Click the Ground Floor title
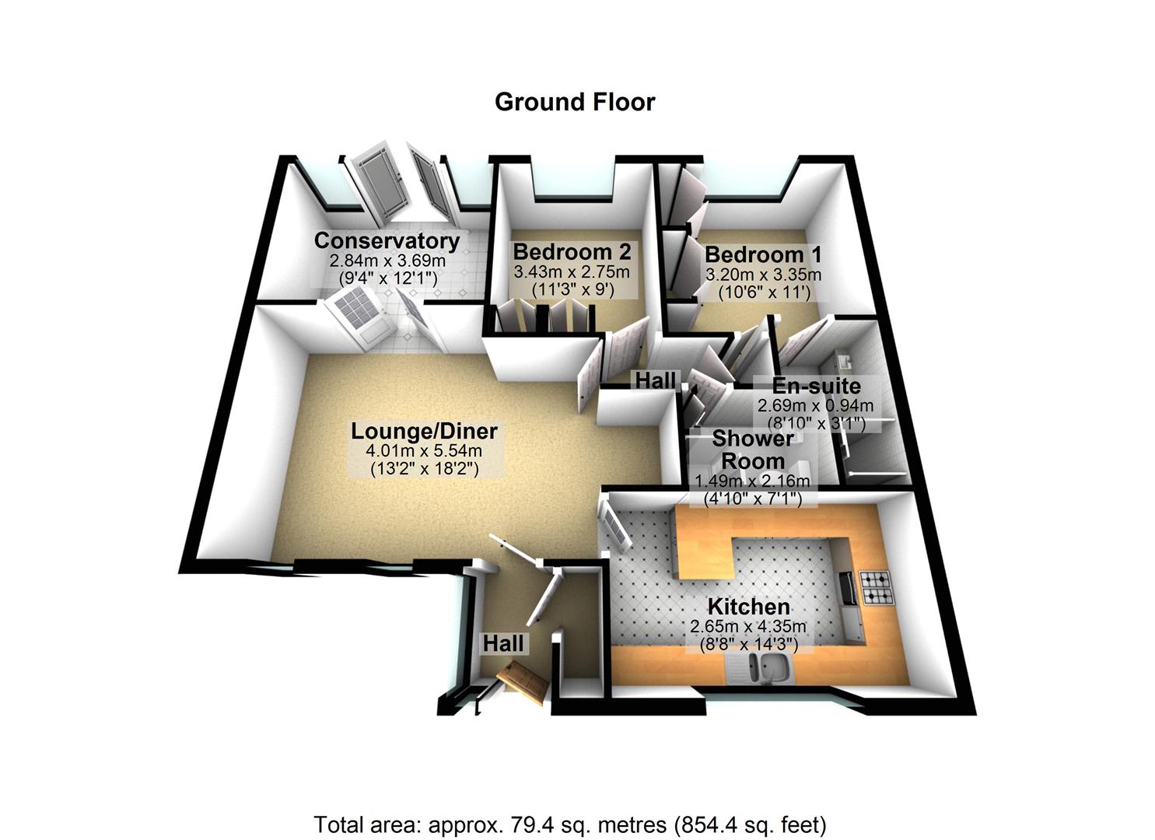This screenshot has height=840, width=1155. click(x=575, y=102)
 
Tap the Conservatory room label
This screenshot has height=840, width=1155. click(x=387, y=240)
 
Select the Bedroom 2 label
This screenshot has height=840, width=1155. click(x=572, y=252)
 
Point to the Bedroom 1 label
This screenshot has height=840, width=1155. click(x=763, y=254)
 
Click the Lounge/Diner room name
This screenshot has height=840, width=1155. click(x=424, y=431)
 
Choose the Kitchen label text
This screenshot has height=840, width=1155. click(x=748, y=607)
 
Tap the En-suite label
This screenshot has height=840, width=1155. click(x=816, y=387)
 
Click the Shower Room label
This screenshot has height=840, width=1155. click(x=753, y=450)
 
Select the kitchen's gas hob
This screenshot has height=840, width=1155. click(x=876, y=588)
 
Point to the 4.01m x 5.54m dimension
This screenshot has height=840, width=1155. click(x=424, y=451)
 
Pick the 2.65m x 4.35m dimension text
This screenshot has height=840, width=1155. click(x=748, y=626)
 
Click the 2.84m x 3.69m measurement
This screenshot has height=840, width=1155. click(x=387, y=261)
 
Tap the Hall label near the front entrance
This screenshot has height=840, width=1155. click(x=503, y=643)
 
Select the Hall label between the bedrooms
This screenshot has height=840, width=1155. click(x=656, y=380)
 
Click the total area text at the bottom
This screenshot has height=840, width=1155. click(x=569, y=824)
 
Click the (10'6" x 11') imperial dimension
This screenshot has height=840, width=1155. click(x=763, y=292)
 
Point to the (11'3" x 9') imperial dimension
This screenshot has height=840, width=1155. click(x=572, y=289)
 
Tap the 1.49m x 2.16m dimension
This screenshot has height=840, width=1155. click(x=752, y=481)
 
